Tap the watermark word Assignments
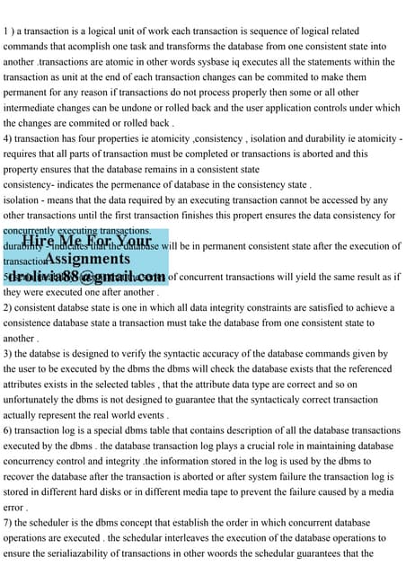click(87, 259)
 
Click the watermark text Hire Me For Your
click(87, 241)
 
